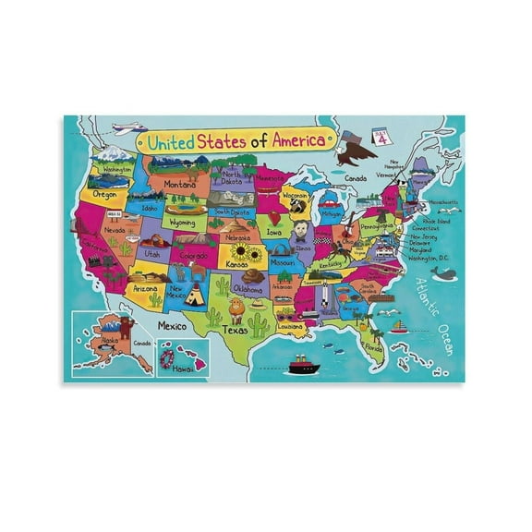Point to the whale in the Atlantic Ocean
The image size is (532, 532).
tap(444, 274)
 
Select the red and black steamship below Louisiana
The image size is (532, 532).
tap(303, 365)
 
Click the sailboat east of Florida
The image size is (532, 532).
tap(399, 326)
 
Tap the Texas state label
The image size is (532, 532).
tap(236, 329)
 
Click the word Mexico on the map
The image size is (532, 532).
tap(174, 326)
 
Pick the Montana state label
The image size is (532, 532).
tap(180, 184)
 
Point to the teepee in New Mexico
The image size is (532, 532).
tap(194, 296)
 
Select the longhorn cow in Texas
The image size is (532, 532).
tap(236, 307)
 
